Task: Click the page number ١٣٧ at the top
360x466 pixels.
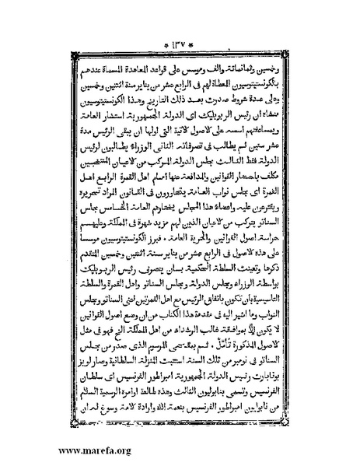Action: tap(181, 14)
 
